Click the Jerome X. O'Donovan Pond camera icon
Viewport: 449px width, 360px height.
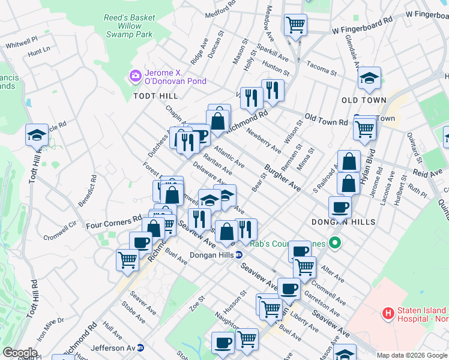pyautogui.click(x=135, y=76)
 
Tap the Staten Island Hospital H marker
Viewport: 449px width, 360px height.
pyautogui.click(x=388, y=313)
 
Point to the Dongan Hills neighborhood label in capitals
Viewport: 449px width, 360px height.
pyautogui.click(x=343, y=222)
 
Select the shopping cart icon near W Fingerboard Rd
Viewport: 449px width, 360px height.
pyautogui.click(x=295, y=25)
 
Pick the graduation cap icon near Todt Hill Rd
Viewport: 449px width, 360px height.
pyautogui.click(x=37, y=135)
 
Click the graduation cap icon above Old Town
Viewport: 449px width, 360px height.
pyautogui.click(x=369, y=77)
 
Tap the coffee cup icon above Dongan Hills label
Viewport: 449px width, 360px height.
pyautogui.click(x=340, y=207)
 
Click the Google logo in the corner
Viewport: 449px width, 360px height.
pyautogui.click(x=20, y=353)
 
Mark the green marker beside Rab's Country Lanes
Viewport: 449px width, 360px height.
pyautogui.click(x=335, y=243)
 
